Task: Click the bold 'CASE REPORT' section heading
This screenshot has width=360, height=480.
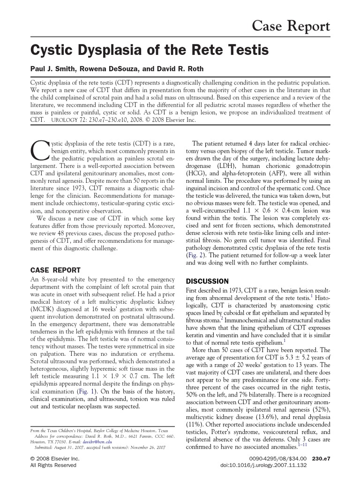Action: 55,270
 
